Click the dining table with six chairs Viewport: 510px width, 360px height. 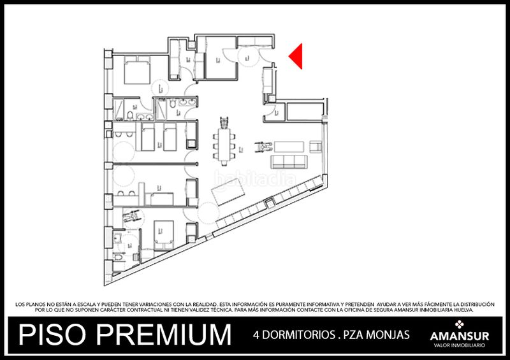click(x=224, y=145)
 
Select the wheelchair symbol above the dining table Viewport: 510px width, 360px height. click(x=224, y=121)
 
